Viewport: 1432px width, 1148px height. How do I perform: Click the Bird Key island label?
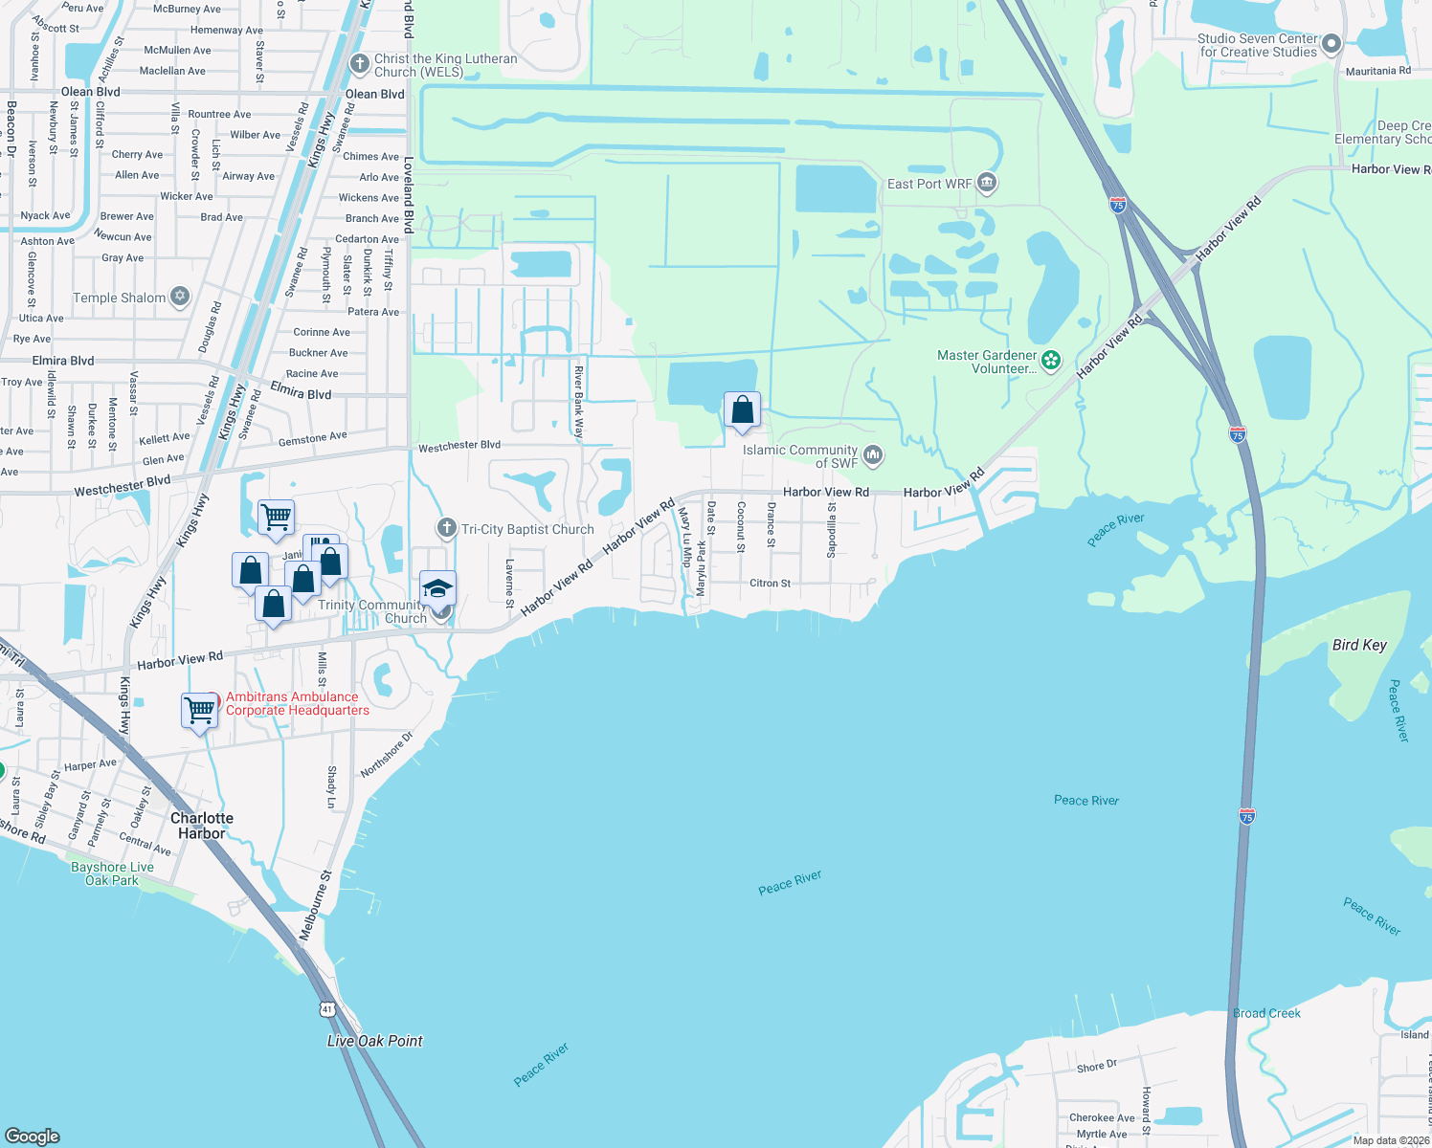(x=1359, y=645)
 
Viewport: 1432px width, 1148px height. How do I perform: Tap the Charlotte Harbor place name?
(x=202, y=826)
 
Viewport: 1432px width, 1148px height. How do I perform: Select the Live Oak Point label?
(x=375, y=1041)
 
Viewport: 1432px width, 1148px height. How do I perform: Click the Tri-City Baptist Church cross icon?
(x=446, y=528)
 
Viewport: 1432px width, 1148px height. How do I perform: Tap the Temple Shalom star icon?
(x=180, y=297)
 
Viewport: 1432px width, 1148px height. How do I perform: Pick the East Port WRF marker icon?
(x=988, y=183)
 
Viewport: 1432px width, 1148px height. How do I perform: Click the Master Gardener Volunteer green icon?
(x=1051, y=361)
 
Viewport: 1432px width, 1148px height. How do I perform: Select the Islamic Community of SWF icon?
(x=872, y=455)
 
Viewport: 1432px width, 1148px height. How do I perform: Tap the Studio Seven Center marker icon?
(x=1331, y=44)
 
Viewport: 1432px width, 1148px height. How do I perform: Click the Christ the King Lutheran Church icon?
(x=360, y=64)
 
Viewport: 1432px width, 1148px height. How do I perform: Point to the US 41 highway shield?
(x=327, y=1009)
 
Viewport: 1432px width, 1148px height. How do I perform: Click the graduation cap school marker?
(x=437, y=587)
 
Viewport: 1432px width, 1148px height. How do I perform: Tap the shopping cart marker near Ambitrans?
(x=199, y=710)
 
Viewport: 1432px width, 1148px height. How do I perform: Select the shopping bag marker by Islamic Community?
(x=742, y=410)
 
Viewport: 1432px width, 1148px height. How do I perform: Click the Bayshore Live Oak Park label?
(x=112, y=873)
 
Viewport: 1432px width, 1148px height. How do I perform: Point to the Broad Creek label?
(x=1266, y=1013)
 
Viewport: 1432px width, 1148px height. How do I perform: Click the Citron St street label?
(x=770, y=583)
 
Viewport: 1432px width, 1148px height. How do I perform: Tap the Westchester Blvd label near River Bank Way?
(x=459, y=446)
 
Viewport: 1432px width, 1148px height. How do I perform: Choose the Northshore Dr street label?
(x=386, y=755)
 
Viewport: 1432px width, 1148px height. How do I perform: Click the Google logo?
(x=33, y=1136)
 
